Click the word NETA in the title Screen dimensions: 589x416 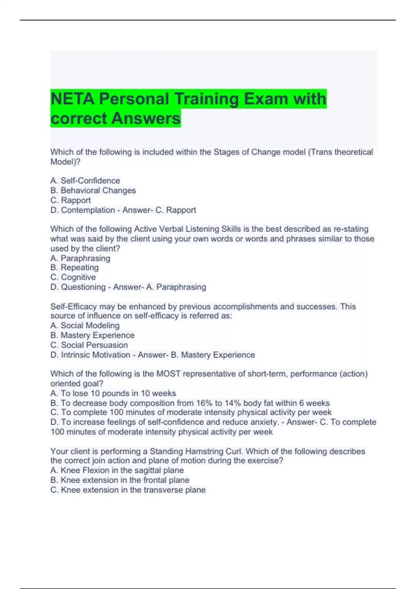pos(72,99)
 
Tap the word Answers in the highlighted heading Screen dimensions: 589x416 pos(146,118)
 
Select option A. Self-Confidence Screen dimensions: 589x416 pos(85,181)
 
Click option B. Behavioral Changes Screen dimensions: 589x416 pos(93,190)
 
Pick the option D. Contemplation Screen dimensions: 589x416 pos(83,210)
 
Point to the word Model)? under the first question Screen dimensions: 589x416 pos(65,161)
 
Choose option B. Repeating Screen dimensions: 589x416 pos(75,267)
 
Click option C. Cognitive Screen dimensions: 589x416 pos(73,277)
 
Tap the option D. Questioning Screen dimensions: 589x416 pos(78,287)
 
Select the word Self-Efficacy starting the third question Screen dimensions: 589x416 pos(73,307)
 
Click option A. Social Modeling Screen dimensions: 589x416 pos(85,325)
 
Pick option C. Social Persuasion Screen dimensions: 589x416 pos(89,345)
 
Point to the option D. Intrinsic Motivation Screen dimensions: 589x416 pos(90,355)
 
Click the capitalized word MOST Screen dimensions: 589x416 pos(168,374)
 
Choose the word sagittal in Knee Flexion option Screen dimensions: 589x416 pos(148,470)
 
